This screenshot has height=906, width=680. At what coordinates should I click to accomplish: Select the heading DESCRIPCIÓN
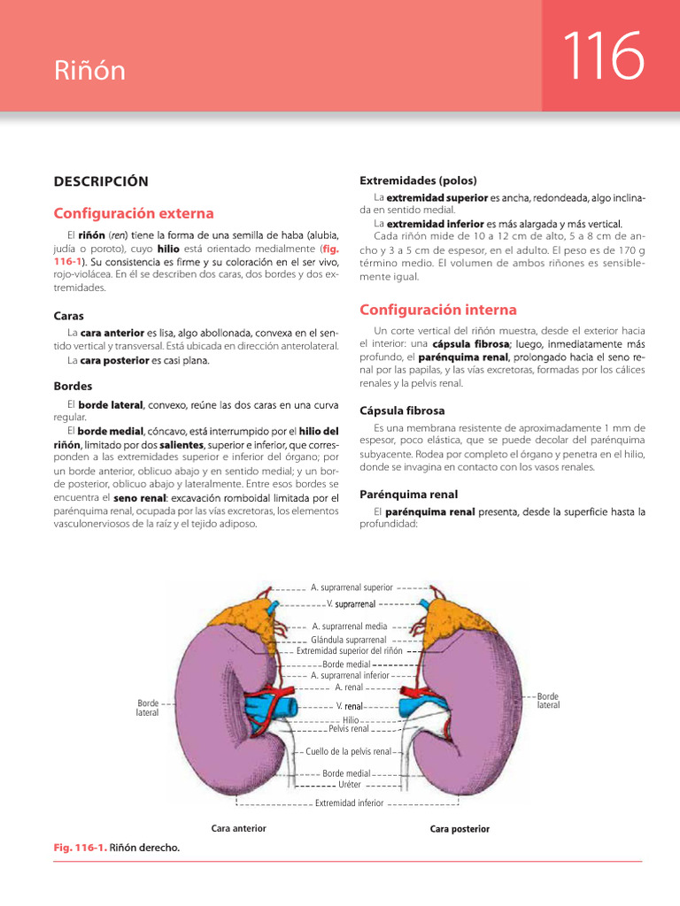[101, 181]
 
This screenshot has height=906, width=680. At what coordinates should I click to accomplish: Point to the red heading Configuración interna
[437, 310]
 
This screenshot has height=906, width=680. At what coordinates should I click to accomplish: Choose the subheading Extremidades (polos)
[417, 180]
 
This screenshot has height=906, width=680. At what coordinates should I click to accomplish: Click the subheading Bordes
[73, 387]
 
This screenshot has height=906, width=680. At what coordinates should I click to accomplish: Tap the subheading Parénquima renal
[408, 494]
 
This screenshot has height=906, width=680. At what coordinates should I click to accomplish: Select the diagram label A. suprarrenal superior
[352, 587]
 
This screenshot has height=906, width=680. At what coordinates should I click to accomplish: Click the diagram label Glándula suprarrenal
[349, 639]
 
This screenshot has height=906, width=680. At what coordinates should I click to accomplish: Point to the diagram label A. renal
[350, 687]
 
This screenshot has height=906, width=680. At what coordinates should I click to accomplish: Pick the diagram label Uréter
[350, 784]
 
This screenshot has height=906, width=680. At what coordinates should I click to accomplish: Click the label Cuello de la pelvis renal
[348, 751]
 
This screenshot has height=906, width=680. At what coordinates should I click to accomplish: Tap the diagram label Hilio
[350, 720]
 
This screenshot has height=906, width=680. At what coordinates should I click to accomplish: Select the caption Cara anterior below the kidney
[238, 828]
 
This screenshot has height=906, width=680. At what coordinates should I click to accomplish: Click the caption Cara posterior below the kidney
[460, 829]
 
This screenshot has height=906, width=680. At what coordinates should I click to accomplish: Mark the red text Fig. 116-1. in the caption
[80, 848]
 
